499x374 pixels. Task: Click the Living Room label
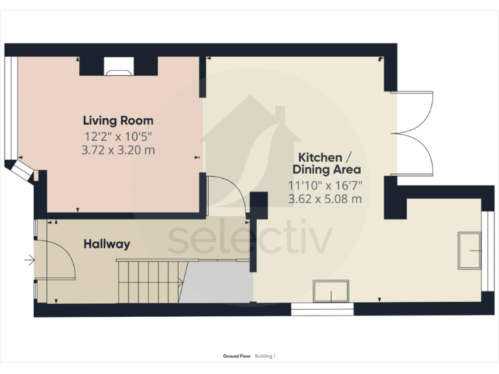[x=118, y=120]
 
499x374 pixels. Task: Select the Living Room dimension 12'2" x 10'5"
[x=118, y=136]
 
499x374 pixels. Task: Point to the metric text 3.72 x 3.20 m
[x=118, y=150]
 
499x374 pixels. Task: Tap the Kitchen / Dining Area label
[x=325, y=163]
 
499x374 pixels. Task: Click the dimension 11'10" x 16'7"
[x=325, y=185]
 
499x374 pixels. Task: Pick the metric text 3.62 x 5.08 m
[x=325, y=199]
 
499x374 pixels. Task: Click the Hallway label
[x=107, y=244]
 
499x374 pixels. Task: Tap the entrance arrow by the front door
[x=29, y=261]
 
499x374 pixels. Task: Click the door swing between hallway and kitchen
[x=224, y=195]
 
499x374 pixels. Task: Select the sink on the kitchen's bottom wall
[x=331, y=291]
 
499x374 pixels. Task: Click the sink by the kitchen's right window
[x=470, y=250]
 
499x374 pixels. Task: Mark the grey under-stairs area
[x=218, y=282]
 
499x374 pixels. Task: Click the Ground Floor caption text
[x=237, y=356]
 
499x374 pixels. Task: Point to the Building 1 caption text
[x=265, y=356]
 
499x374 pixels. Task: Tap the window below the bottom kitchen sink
[x=323, y=310]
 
